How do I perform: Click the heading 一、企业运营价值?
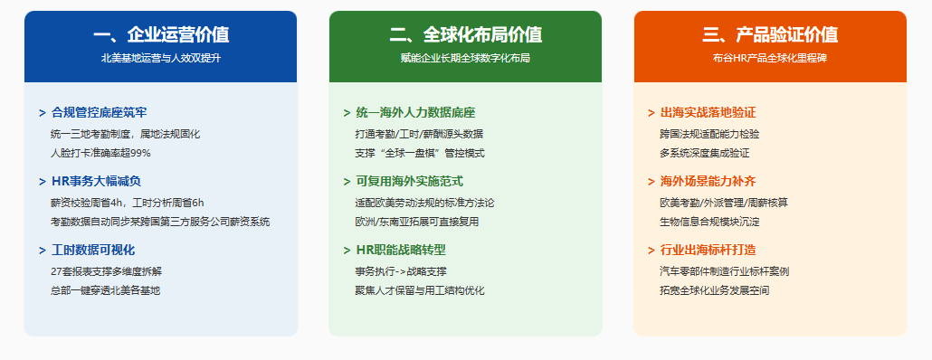160,35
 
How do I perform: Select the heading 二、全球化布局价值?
465,35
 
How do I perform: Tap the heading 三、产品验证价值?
770,35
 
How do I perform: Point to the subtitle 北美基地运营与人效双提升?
160,58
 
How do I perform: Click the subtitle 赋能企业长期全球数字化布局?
465,58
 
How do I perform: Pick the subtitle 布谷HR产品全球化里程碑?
770,58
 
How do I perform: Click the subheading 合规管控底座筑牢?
100,113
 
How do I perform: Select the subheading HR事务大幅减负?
96,182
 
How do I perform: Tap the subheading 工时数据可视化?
93,250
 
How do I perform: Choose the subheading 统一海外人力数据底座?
415,113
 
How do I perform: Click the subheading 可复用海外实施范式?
410,182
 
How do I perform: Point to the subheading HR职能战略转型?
401,250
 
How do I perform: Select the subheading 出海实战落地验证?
708,113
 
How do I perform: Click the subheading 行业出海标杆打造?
708,250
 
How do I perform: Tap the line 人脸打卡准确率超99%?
101,153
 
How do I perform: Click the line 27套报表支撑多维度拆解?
107,271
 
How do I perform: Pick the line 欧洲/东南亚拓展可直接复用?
416,223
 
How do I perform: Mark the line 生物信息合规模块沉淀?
709,223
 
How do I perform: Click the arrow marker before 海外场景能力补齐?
651,182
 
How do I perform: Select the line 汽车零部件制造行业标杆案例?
725,271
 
